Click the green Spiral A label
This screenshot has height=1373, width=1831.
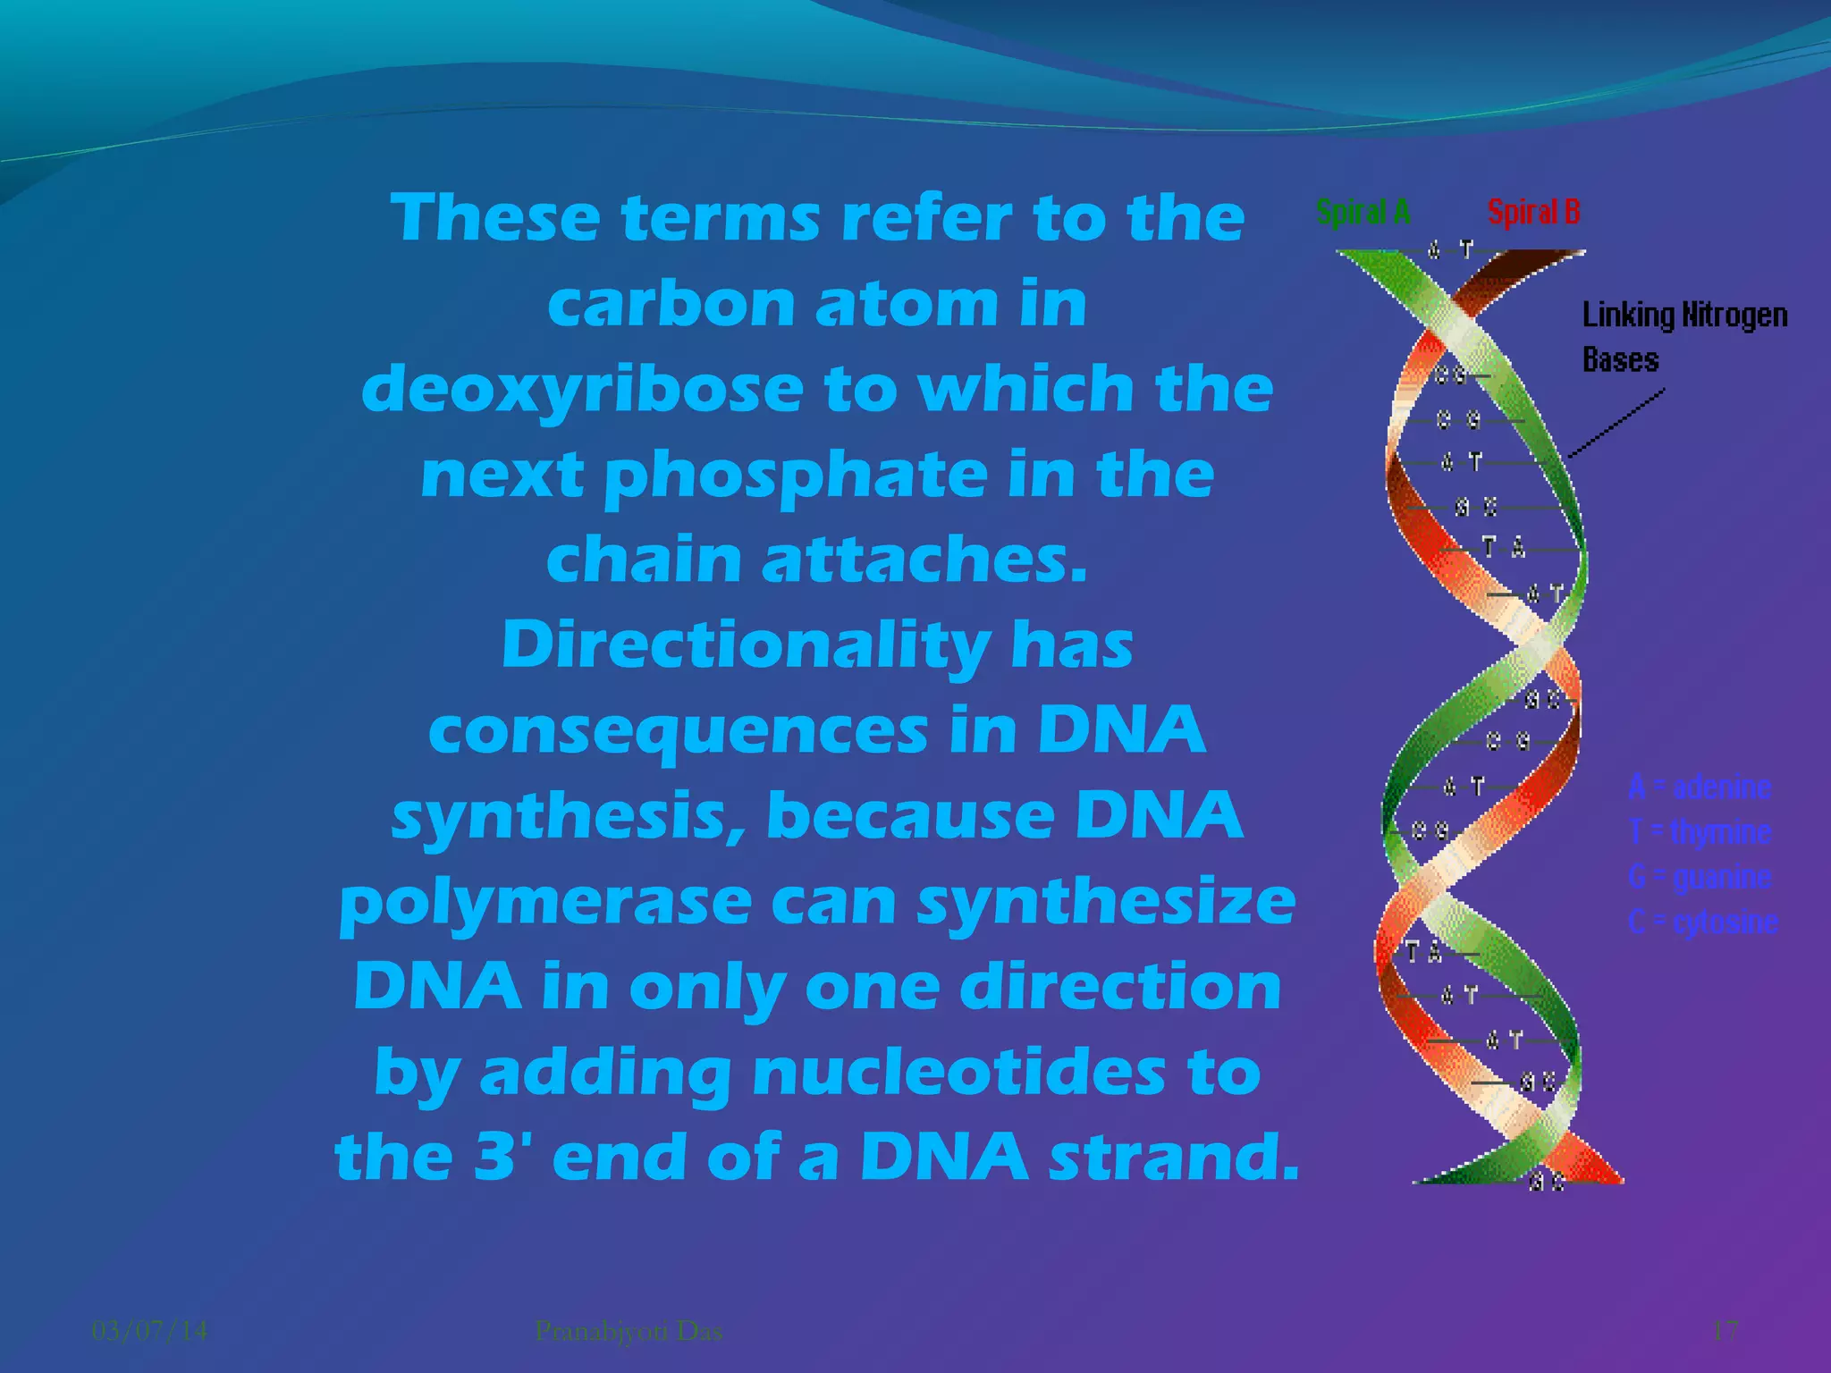[x=1363, y=213]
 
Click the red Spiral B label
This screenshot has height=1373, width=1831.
[x=1533, y=213]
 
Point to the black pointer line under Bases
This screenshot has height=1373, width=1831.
[x=1616, y=424]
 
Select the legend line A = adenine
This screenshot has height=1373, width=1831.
[x=1700, y=788]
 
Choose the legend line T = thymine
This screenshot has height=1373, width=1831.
[x=1700, y=832]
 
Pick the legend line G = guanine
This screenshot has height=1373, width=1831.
[x=1700, y=877]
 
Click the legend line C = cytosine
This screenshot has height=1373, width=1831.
[x=1703, y=922]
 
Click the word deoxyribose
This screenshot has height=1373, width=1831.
[x=582, y=391]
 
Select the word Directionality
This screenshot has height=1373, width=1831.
[x=746, y=645]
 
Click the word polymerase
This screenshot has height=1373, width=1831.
[x=545, y=903]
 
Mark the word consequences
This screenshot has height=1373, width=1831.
[x=679, y=731]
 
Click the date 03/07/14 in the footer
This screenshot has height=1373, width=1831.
[x=150, y=1331]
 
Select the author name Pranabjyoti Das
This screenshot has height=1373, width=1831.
[x=629, y=1331]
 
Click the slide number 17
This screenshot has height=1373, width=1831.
[x=1725, y=1331]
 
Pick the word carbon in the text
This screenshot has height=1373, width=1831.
[x=671, y=305]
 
